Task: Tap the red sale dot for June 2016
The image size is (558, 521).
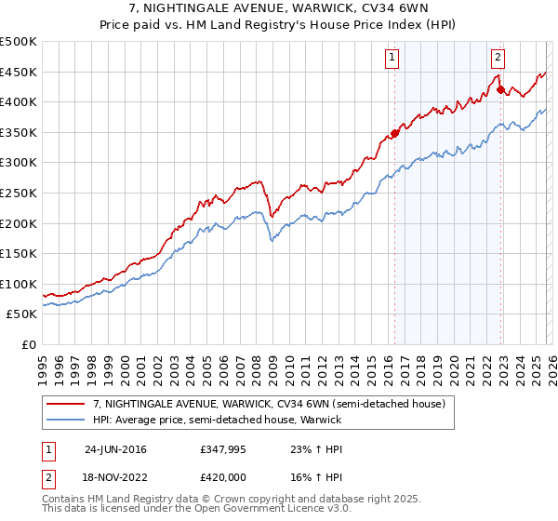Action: (394, 133)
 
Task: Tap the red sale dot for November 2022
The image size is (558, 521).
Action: (500, 89)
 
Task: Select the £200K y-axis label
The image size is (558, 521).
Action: (19, 223)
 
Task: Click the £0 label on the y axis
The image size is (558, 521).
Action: (28, 344)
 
